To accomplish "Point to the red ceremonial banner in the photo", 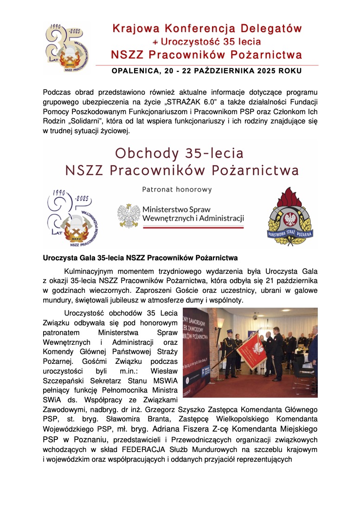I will pyautogui.click(x=251, y=352).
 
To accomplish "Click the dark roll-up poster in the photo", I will pyautogui.click(x=198, y=353).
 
